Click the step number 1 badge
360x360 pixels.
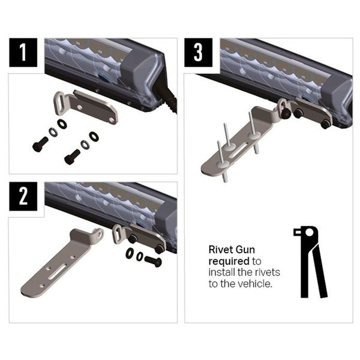[x=23, y=53]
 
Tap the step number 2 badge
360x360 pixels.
[x=23, y=196]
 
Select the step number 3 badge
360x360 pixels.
[x=199, y=53]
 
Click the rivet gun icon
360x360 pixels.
[x=310, y=262]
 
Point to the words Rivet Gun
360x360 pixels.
[x=232, y=250]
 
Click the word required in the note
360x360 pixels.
[x=229, y=261]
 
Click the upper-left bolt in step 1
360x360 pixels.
[x=40, y=144]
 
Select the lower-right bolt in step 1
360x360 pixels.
[x=72, y=157]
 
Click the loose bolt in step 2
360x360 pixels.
[x=153, y=261]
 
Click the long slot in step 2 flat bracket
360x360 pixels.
[x=57, y=271]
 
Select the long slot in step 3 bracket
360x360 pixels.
[x=238, y=149]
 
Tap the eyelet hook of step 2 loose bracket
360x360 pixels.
[x=99, y=234]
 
